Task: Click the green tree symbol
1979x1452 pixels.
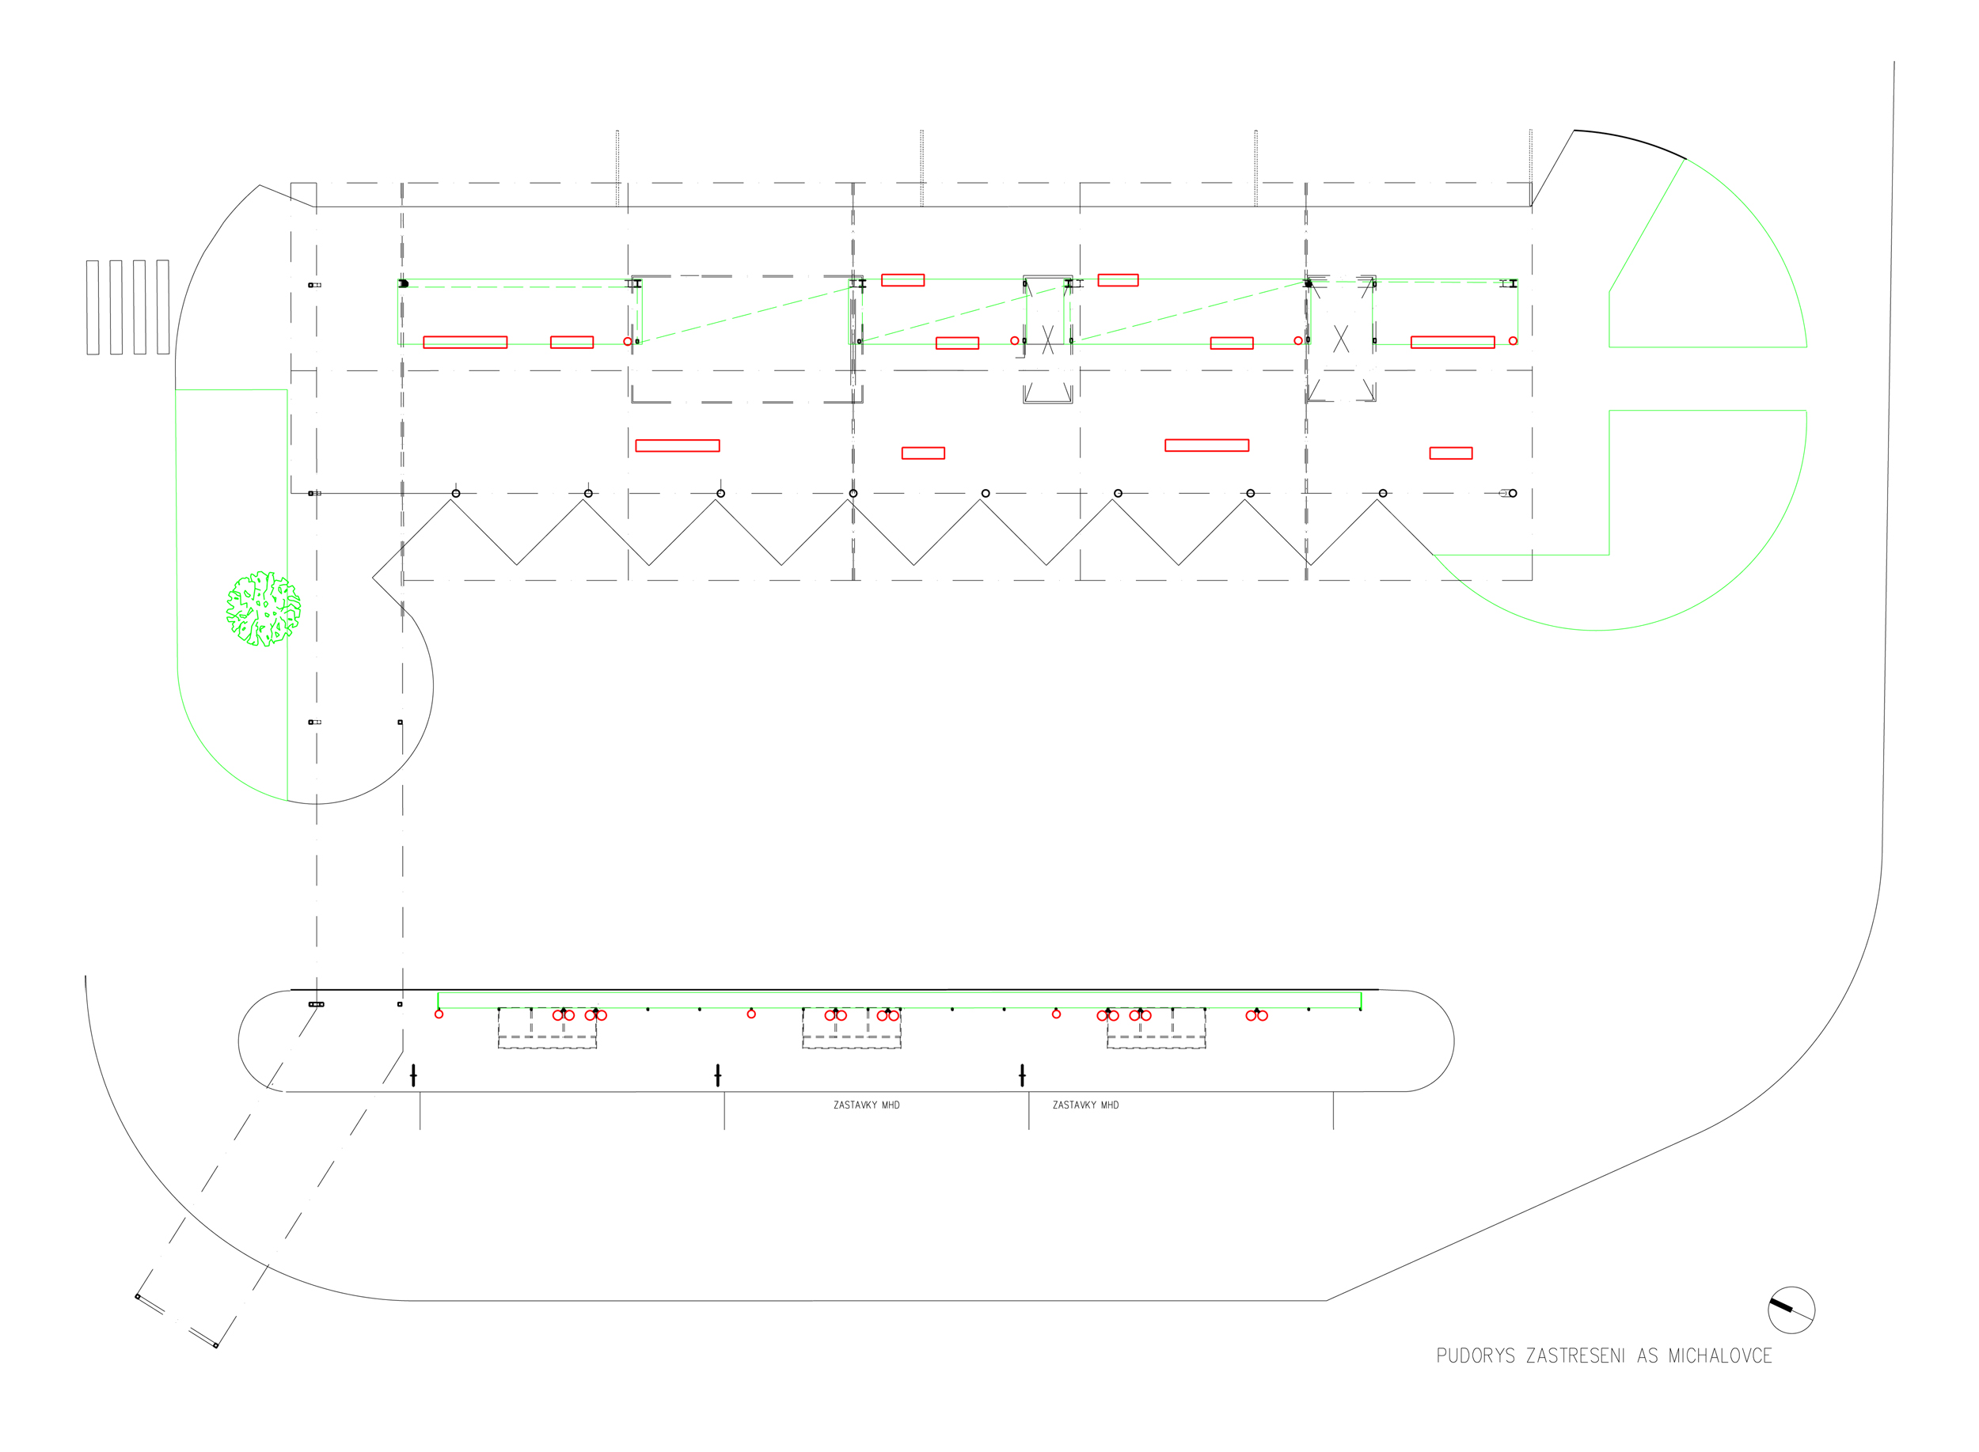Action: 263,608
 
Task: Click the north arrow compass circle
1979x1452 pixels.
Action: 1791,1310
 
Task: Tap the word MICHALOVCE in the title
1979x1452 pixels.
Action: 1719,1356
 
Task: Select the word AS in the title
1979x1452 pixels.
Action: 1647,1356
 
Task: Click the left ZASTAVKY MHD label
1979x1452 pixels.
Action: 866,1105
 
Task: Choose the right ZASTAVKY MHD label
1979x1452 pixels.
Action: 1085,1105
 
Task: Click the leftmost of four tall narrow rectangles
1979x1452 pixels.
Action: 93,308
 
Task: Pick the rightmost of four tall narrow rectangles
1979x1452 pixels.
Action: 162,308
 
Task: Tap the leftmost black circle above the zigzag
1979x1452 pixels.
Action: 455,494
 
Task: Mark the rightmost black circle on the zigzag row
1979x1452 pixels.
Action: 1512,494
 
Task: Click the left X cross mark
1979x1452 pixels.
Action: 1047,340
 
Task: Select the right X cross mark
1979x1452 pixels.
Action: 1341,339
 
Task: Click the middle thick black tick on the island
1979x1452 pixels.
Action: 717,1075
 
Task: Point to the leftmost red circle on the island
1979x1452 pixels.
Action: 439,1014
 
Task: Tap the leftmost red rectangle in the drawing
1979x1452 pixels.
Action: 465,343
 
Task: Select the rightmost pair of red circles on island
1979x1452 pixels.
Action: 1256,1016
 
